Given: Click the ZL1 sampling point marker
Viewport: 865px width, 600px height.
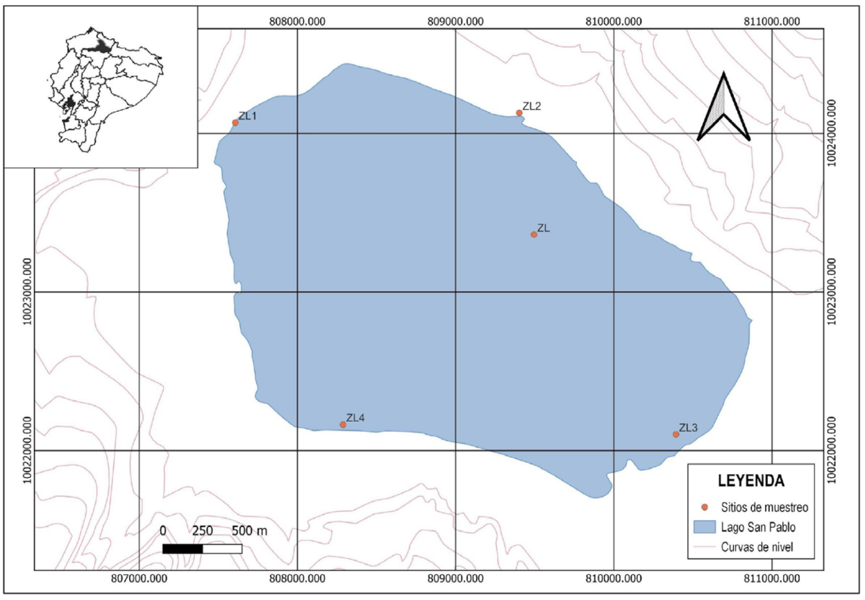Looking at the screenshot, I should click(235, 123).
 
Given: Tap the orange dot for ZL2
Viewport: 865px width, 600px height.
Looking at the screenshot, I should click(519, 112).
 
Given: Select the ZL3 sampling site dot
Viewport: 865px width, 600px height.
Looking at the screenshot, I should click(676, 434).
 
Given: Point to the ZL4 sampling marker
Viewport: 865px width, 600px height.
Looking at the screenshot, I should click(343, 424).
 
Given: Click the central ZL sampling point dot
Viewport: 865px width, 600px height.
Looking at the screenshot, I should click(534, 234).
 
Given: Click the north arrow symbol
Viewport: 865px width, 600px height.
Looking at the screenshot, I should click(723, 108).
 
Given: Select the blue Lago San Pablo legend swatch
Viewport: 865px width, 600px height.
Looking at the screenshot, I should click(704, 526).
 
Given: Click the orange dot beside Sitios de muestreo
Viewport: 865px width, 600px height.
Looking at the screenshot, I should click(704, 507).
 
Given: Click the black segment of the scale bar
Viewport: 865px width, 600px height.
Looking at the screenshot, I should click(183, 549).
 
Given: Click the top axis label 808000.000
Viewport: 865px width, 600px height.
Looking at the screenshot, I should click(297, 21).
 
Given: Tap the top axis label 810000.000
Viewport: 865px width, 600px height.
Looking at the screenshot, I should click(614, 21).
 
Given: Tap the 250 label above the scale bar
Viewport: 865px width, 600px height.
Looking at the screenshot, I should click(202, 531).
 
